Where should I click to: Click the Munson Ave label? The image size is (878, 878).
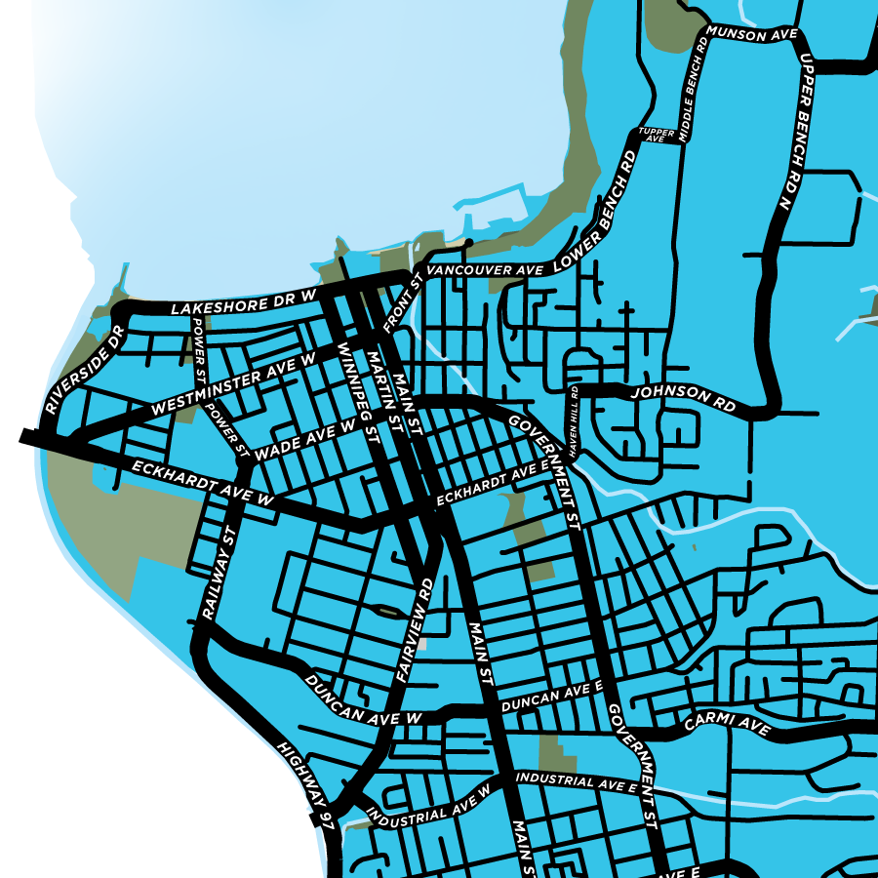753,34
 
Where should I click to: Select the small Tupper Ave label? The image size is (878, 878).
652,135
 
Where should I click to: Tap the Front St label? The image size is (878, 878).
401,301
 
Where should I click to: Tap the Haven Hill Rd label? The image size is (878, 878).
575,420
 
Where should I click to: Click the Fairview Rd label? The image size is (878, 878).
416,630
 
